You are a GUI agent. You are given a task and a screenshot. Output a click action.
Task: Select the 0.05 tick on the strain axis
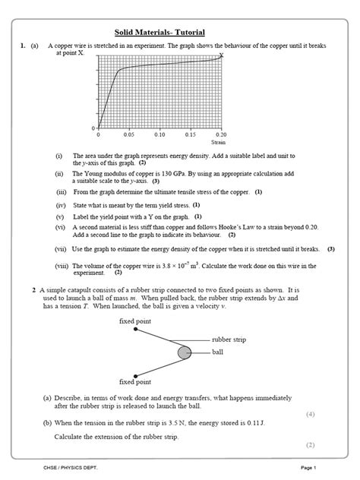[x=128, y=134]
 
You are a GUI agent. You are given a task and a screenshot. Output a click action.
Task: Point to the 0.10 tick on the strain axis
[x=159, y=134]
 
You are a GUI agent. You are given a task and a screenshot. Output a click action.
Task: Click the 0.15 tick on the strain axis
[x=190, y=134]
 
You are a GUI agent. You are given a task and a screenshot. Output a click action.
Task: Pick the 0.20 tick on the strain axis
[x=220, y=134]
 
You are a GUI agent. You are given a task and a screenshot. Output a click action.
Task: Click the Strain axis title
[x=219, y=142]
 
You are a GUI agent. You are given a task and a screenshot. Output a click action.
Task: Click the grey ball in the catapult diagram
[x=184, y=352]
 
